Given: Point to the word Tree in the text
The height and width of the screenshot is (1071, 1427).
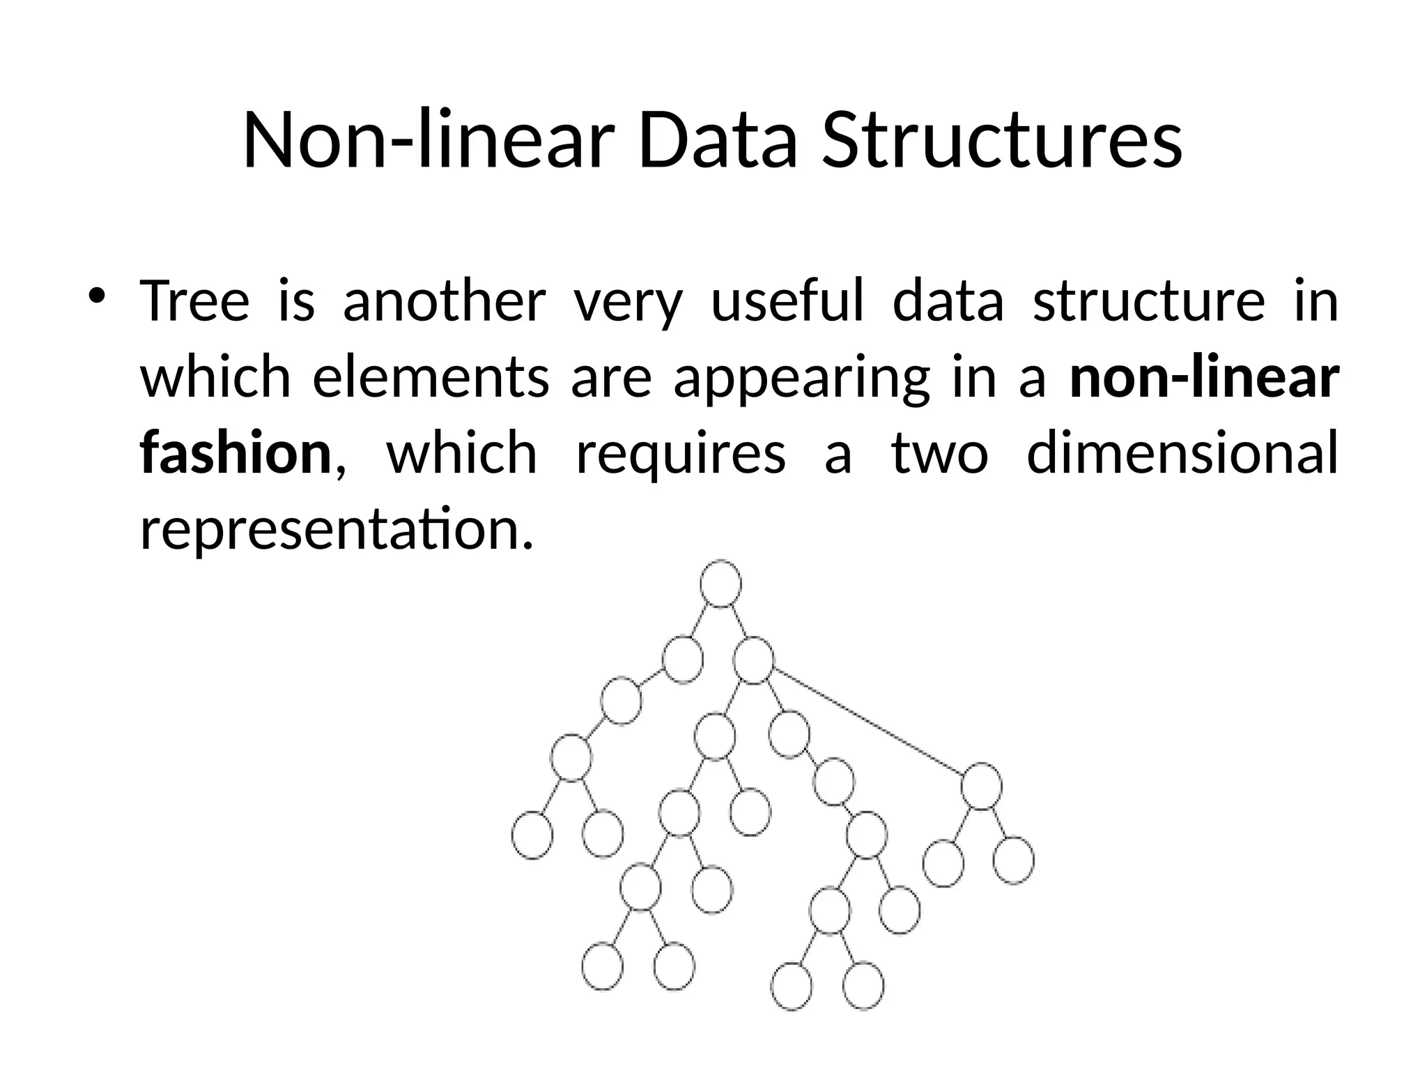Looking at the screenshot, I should pos(194,301).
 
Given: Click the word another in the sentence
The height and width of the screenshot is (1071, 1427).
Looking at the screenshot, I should pos(444,301).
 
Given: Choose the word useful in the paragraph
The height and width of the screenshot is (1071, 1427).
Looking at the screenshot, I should pos(787,301).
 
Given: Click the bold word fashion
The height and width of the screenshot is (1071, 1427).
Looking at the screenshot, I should pos(236,453).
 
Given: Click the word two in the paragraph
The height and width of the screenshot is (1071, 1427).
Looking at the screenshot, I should pos(939,453).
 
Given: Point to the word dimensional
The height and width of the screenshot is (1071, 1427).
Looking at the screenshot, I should pos(1182,453).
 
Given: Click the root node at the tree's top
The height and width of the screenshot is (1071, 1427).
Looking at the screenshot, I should pos(720,583).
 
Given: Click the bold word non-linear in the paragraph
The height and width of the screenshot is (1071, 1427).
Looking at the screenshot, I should pos(1204,377).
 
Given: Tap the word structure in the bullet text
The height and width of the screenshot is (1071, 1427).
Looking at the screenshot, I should pos(1148,301).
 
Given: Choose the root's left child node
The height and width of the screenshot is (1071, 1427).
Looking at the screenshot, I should pos(682,658).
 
